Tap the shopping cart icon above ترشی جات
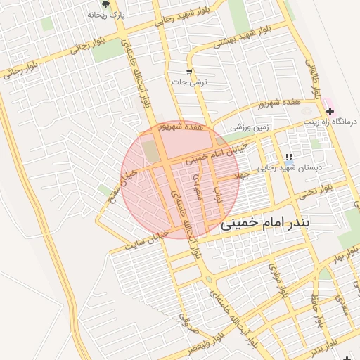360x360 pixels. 189,71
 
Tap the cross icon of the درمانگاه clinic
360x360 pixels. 330,111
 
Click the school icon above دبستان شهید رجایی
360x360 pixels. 288,157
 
